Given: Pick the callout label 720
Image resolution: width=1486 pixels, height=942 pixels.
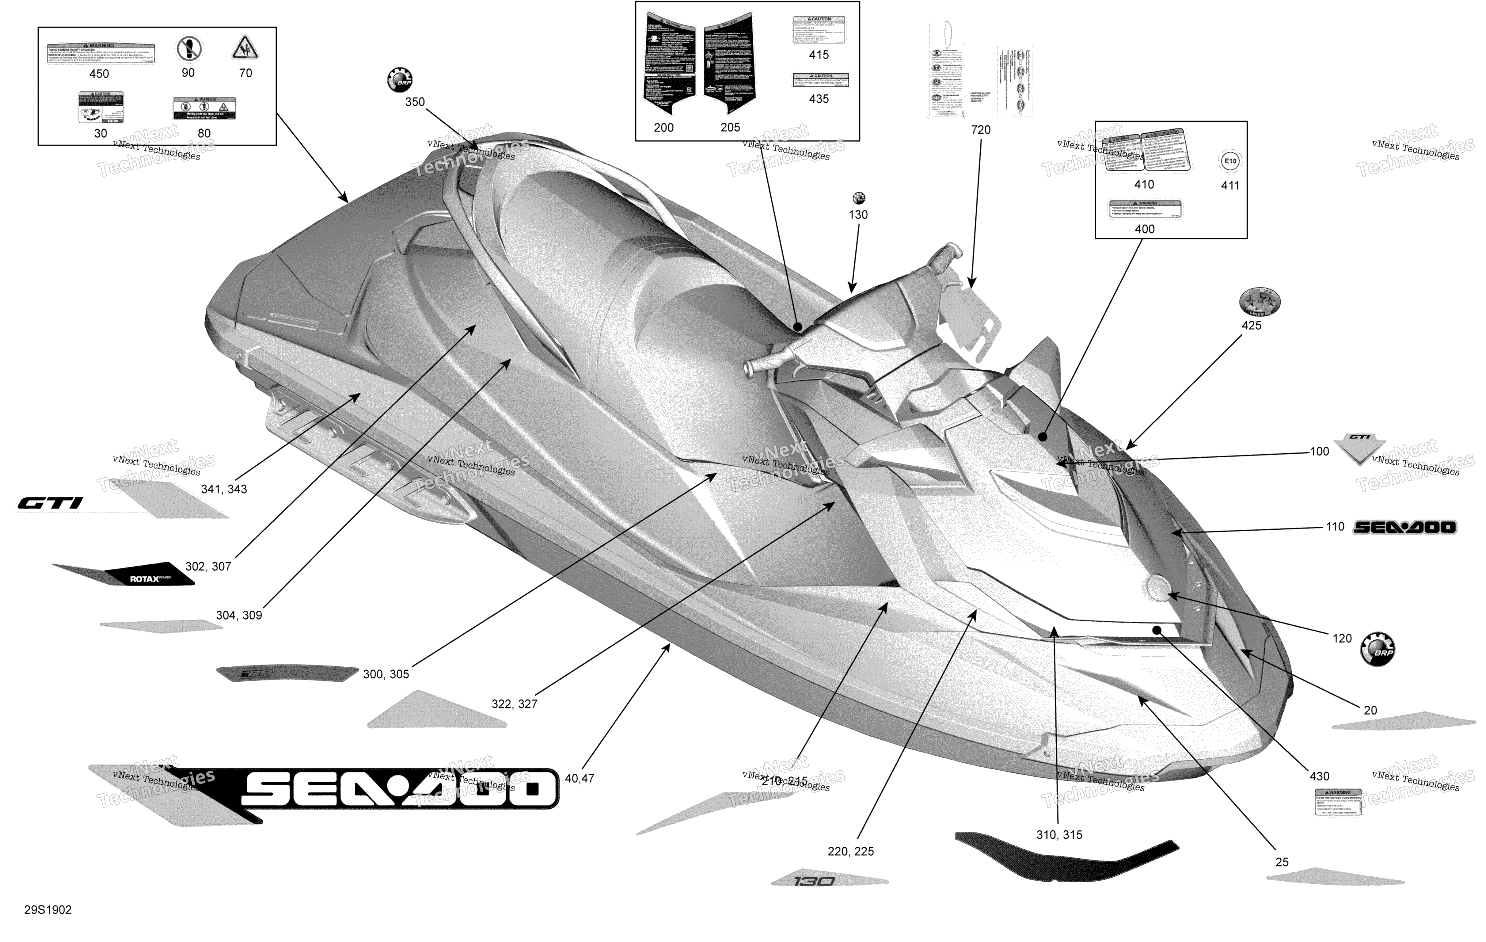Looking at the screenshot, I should click(981, 130).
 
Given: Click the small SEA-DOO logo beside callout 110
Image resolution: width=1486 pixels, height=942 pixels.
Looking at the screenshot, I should click(1404, 527).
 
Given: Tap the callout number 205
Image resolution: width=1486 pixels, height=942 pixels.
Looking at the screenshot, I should click(730, 127).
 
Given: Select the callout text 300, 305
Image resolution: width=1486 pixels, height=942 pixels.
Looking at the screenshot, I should click(386, 674).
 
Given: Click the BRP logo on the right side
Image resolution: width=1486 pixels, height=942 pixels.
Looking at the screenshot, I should click(1378, 649).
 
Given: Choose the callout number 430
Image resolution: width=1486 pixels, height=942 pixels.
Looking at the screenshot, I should click(1319, 776).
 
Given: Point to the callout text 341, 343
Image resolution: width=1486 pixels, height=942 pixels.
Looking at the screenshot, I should click(224, 489).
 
